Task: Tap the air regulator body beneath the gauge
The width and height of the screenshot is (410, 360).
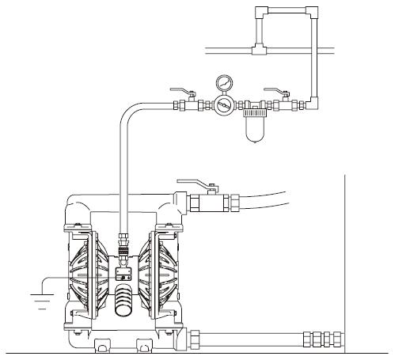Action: click(x=225, y=104)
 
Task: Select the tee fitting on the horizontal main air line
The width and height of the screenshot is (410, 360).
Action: click(x=258, y=51)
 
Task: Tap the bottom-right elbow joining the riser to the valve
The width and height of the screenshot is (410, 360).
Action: click(x=315, y=104)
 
